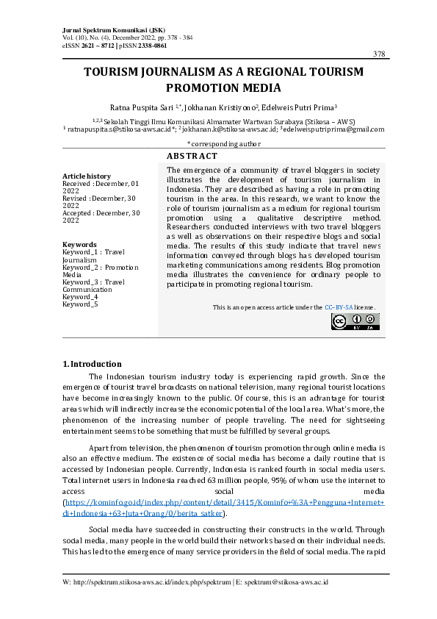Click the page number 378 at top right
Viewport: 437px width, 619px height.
tap(379, 54)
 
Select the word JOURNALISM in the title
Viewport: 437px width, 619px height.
tap(165, 72)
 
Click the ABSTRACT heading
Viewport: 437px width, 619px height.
tap(192, 156)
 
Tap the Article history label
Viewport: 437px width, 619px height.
tap(87, 176)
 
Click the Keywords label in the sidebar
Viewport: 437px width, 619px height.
tap(79, 244)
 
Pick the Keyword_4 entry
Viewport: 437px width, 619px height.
tap(80, 296)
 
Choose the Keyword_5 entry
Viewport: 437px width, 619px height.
tap(80, 304)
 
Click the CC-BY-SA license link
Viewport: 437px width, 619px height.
tap(339, 307)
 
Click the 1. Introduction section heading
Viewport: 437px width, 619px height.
tap(92, 363)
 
